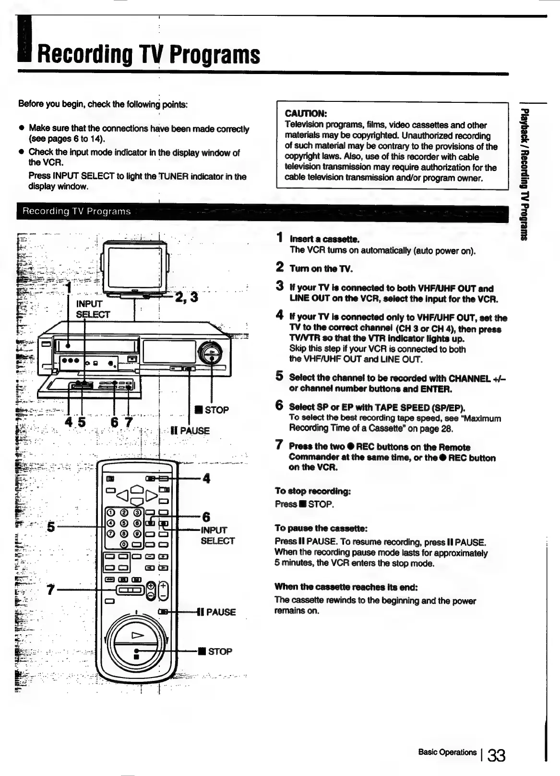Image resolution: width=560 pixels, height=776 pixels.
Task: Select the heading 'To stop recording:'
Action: coord(313,491)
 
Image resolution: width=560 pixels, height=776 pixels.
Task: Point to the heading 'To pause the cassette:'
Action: coord(321,529)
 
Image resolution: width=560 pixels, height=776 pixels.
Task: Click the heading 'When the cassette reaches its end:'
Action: coord(346,587)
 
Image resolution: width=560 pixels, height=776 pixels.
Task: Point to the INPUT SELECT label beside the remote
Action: coord(217,535)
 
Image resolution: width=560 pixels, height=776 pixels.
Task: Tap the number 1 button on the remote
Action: coord(110,513)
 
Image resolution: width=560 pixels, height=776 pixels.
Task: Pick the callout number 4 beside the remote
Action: coord(206,479)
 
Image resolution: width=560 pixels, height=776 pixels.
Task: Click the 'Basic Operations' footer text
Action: coord(447,752)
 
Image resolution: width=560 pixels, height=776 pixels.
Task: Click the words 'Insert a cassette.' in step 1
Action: coord(324,239)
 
